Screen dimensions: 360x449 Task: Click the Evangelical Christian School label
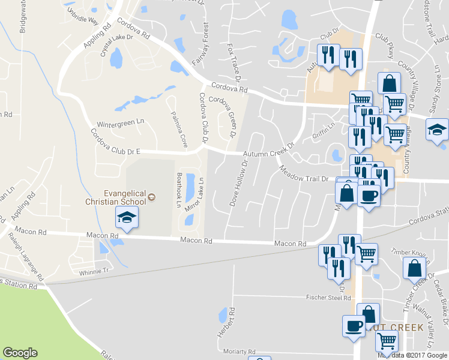(x=124, y=197)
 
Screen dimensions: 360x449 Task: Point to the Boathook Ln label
(x=178, y=189)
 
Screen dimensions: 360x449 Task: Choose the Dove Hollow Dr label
(x=238, y=183)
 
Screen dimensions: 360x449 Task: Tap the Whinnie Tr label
(x=92, y=272)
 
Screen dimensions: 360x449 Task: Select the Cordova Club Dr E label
(x=115, y=142)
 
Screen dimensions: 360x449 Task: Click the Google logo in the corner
(x=20, y=352)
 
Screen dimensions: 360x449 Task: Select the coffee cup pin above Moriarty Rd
(x=354, y=326)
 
